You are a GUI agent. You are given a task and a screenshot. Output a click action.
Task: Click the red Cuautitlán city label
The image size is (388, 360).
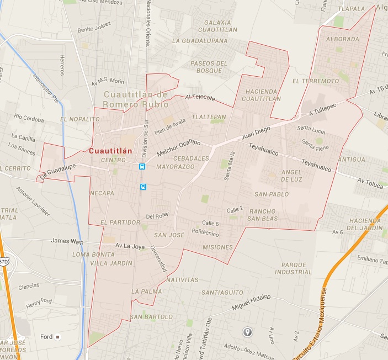point(110,150)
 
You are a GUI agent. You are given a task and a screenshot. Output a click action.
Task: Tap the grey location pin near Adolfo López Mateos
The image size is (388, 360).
point(248,332)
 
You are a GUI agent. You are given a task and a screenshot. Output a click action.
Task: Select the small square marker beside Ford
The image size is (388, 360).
point(57,337)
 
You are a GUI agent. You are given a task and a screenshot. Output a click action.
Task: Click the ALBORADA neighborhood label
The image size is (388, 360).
point(343,39)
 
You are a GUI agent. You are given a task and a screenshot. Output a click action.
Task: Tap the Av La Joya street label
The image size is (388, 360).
point(129,246)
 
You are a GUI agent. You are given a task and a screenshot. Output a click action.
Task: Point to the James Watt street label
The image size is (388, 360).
point(67,240)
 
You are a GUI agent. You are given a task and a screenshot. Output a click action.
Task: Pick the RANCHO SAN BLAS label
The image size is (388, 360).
point(263,215)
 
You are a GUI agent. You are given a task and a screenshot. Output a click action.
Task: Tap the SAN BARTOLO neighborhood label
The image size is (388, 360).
point(147,317)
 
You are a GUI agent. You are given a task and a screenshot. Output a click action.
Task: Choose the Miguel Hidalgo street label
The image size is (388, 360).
point(249,300)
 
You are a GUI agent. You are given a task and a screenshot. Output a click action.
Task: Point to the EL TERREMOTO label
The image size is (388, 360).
point(316,81)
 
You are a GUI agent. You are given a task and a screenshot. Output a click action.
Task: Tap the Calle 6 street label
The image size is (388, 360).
point(210,223)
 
